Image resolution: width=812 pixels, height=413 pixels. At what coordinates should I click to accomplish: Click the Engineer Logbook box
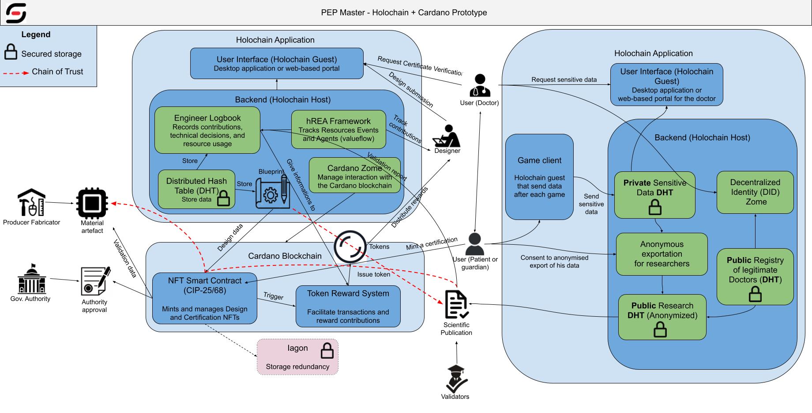pyautogui.click(x=207, y=130)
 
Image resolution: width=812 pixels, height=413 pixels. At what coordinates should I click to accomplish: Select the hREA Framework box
pyautogui.click(x=338, y=129)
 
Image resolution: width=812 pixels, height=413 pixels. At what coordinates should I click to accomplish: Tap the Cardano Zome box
pyautogui.click(x=354, y=175)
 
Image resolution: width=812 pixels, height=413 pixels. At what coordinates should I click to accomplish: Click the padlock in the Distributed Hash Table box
pyautogui.click(x=224, y=198)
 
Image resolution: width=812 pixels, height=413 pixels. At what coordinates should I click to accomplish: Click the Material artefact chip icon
pyautogui.click(x=92, y=203)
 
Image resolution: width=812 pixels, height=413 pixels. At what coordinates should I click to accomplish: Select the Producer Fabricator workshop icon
pyautogui.click(x=31, y=203)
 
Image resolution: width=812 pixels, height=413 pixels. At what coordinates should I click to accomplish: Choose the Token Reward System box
pyautogui.click(x=348, y=307)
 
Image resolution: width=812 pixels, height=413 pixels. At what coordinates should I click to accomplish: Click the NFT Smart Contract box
pyautogui.click(x=205, y=298)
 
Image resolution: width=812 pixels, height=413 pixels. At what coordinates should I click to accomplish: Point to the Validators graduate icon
pyautogui.click(x=456, y=379)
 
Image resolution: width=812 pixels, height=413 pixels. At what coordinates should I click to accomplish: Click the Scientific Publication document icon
pyautogui.click(x=456, y=305)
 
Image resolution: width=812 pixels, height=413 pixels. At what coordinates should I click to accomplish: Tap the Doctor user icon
pyautogui.click(x=479, y=86)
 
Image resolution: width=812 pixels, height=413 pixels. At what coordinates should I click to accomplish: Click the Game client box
pyautogui.click(x=539, y=177)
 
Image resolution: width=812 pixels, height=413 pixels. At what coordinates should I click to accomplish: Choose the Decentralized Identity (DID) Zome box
pyautogui.click(x=755, y=193)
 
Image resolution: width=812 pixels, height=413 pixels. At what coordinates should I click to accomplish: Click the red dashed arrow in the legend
pyautogui.click(x=16, y=72)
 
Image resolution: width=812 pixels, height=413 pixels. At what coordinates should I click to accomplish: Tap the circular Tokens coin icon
pyautogui.click(x=350, y=246)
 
